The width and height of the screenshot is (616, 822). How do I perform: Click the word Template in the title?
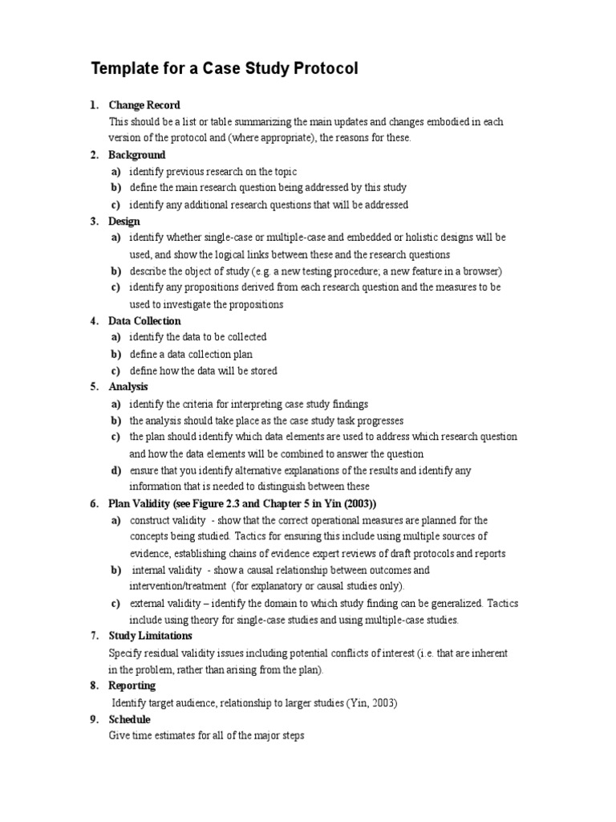point(127,70)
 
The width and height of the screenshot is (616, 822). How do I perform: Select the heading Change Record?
point(144,105)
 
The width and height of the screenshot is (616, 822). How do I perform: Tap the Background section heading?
point(137,155)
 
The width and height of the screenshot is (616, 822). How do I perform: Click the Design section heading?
point(124,222)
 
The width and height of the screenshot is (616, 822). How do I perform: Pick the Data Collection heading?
point(145,321)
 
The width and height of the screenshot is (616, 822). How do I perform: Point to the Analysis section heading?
point(128,387)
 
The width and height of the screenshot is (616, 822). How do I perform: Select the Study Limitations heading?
point(150,636)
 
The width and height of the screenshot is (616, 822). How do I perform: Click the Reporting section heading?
point(132,686)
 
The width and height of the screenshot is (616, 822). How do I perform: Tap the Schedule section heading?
point(130,720)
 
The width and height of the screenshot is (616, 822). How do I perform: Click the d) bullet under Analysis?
point(116,470)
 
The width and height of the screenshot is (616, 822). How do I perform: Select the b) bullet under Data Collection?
point(116,354)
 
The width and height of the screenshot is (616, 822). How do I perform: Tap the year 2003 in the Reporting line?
point(381,703)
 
